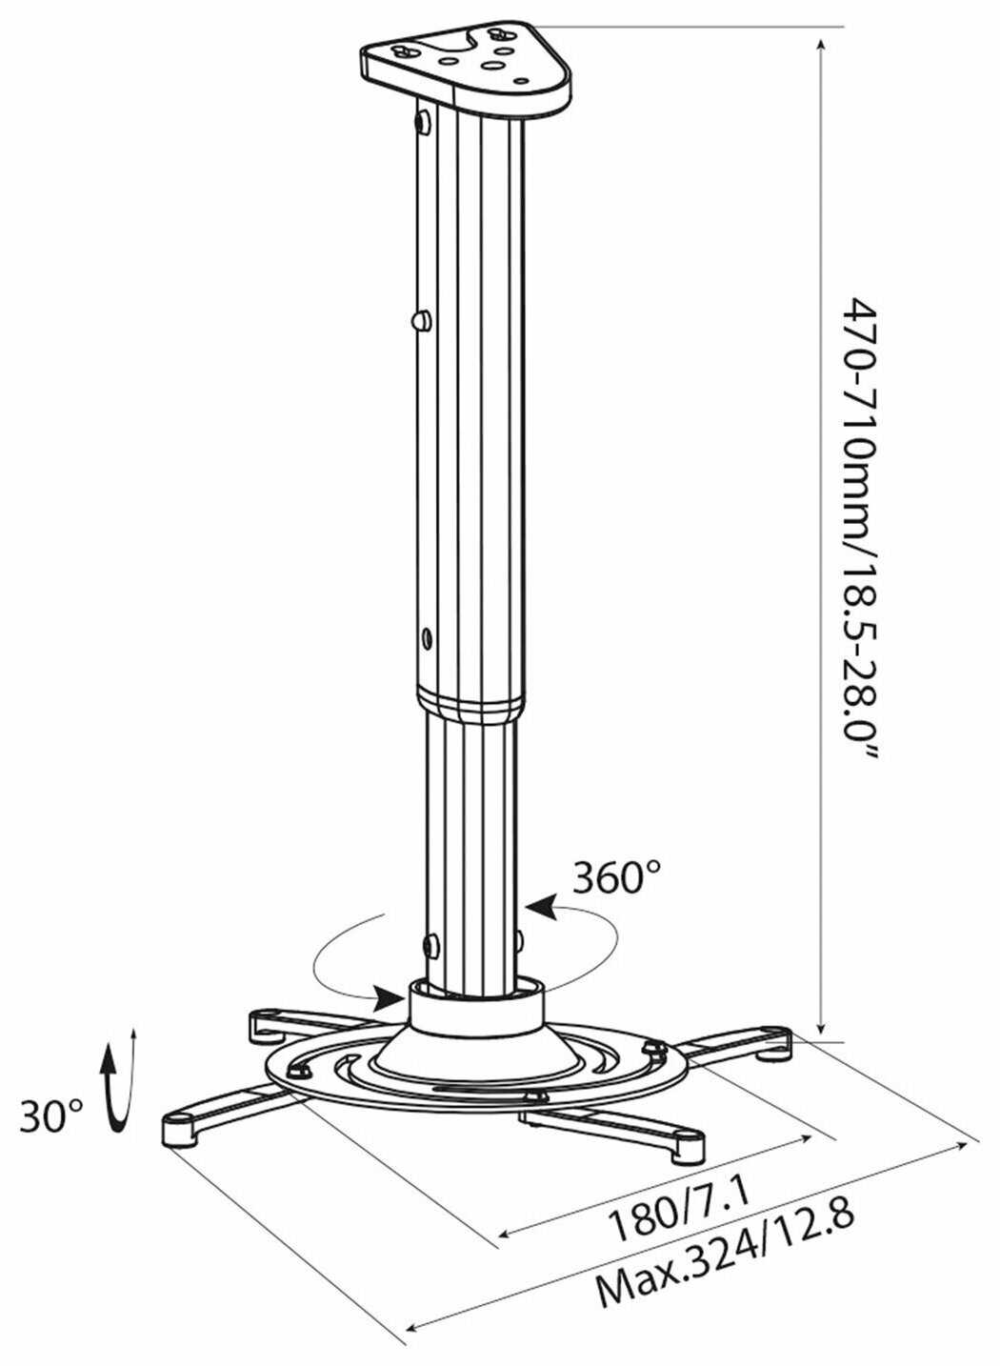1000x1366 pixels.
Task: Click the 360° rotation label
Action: tap(617, 877)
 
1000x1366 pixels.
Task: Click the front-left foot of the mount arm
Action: tap(179, 1128)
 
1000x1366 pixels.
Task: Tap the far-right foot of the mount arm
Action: tap(776, 1046)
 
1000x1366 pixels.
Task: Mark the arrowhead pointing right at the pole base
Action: tap(390, 998)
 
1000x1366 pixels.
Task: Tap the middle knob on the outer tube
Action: tap(418, 320)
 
